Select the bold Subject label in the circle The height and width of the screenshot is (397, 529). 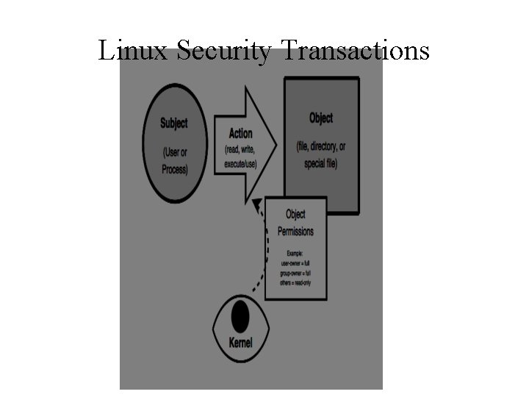pos(174,123)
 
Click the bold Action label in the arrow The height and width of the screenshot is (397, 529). pos(240,133)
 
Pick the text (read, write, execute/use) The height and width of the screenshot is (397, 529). pos(240,155)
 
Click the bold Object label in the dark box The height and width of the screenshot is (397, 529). pos(321,118)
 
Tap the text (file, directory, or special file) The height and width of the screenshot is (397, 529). pos(321,155)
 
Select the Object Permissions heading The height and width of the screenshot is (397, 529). pos(295,223)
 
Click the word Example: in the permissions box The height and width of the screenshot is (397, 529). pos(295,253)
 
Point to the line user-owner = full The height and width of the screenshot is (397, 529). pos(295,262)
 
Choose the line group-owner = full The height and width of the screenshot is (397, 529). pos(295,272)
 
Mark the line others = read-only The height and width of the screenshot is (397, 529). pos(295,282)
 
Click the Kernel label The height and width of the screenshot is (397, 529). pos(240,343)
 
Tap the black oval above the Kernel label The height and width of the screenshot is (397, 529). pos(240,317)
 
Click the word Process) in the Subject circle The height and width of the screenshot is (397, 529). pos(174,169)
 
